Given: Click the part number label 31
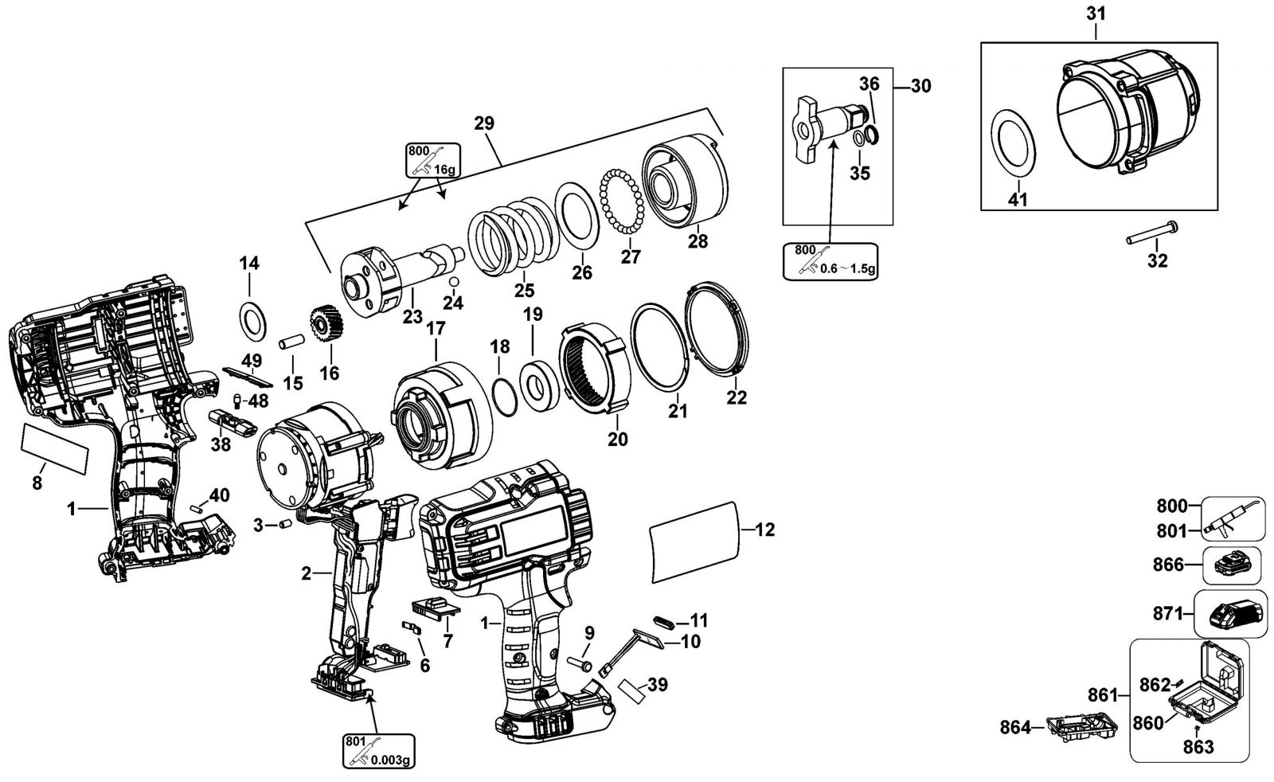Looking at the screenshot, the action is [1096, 14].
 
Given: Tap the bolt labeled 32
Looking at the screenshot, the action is [1151, 233].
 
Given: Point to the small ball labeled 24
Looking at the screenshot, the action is [453, 283].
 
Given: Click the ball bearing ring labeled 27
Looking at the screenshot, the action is [622, 201].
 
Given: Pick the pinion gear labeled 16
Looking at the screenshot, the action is [326, 323].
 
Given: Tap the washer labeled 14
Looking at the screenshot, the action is [252, 323].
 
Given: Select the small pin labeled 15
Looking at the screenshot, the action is [291, 342].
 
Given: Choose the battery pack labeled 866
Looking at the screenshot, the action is [1232, 565].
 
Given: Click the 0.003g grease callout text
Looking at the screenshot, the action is [390, 760].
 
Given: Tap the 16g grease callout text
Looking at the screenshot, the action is [444, 170].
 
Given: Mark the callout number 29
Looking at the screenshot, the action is [484, 123].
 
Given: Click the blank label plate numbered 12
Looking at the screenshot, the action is [695, 542].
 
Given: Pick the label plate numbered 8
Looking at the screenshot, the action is [55, 448].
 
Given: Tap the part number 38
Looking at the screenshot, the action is [221, 444].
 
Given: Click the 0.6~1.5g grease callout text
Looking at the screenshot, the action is [848, 268].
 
